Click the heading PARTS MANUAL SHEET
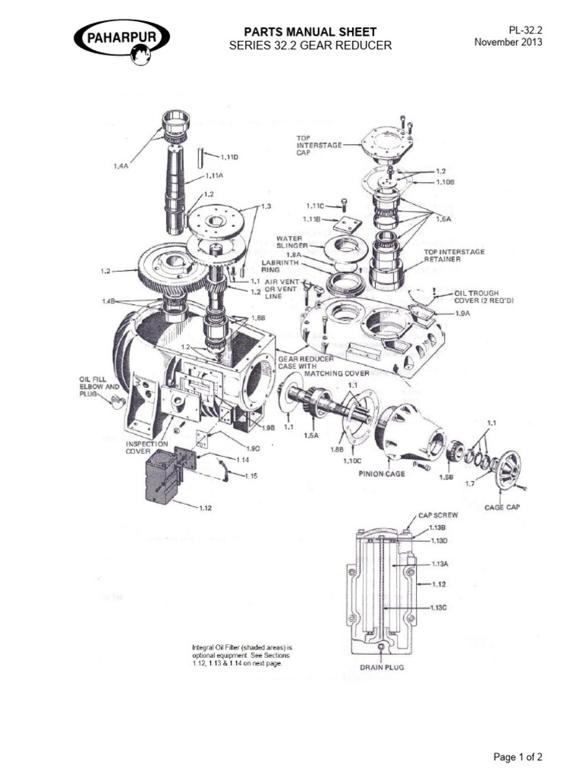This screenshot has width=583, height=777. tap(309, 31)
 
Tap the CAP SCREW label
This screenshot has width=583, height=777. tap(436, 514)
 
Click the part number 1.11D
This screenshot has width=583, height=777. tap(229, 157)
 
